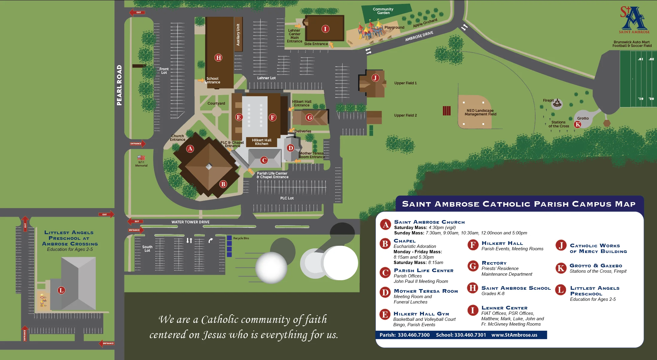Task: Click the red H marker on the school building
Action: (218, 58)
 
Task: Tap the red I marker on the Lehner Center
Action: (326, 29)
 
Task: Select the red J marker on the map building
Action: (375, 78)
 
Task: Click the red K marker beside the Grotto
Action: (577, 124)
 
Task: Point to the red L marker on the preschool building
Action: (61, 290)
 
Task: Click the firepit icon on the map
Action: (557, 103)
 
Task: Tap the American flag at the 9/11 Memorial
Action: (141, 158)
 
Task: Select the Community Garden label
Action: (383, 11)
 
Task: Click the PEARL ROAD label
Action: (119, 85)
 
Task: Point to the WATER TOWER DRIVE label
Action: (190, 222)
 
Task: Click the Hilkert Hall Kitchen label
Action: (261, 142)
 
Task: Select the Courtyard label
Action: (216, 103)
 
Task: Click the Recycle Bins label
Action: (241, 238)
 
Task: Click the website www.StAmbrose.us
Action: (514, 335)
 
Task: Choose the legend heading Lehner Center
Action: (504, 308)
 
